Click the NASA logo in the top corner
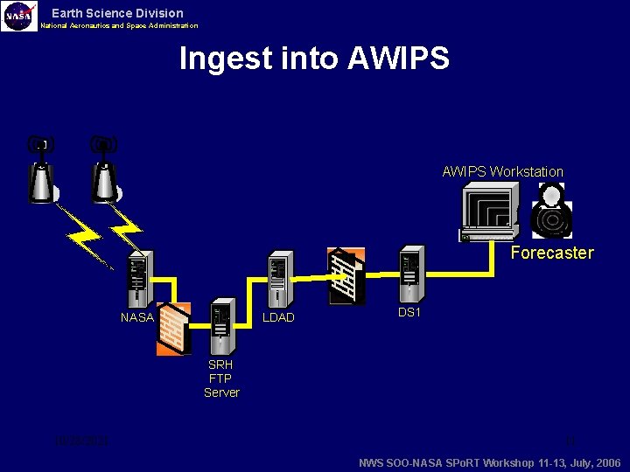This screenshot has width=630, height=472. click(19, 16)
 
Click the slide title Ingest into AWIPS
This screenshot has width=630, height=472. click(314, 59)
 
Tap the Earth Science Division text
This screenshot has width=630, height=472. click(117, 13)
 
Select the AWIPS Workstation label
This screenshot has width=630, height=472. click(502, 171)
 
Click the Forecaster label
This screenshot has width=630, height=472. click(551, 253)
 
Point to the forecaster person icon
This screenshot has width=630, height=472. click(552, 212)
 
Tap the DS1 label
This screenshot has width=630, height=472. click(409, 312)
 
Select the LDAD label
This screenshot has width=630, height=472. click(278, 317)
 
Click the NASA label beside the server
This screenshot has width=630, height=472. click(136, 317)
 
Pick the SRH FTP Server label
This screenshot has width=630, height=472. click(221, 378)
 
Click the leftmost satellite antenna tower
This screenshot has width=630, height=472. click(39, 170)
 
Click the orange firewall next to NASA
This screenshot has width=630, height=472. click(173, 329)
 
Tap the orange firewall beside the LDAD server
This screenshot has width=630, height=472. click(346, 276)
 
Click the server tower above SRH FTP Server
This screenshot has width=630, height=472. click(220, 329)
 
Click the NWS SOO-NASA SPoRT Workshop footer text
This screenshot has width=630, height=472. click(490, 462)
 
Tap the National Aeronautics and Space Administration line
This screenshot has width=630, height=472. click(119, 25)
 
